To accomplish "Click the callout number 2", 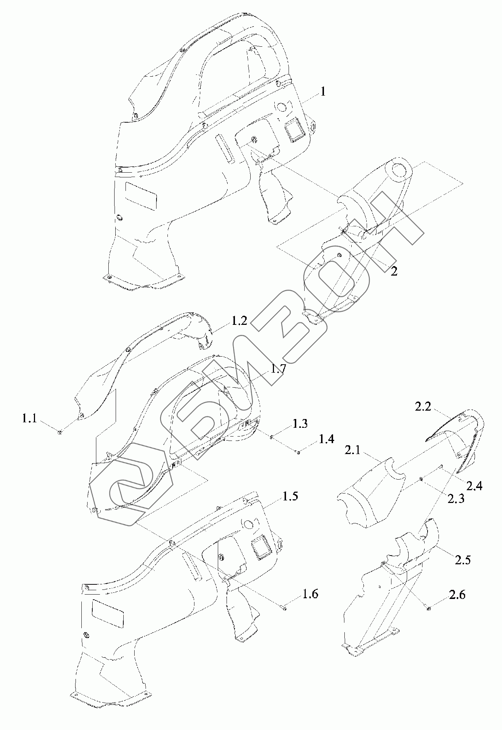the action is [394, 271].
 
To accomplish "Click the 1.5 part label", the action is [290, 497].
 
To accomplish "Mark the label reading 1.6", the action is [310, 594].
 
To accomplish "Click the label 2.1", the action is [352, 450].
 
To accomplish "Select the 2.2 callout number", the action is [423, 406].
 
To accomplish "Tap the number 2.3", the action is [456, 499].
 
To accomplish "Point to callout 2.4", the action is [474, 485].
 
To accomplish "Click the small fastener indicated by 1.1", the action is [60, 433].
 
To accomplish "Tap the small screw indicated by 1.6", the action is [284, 608].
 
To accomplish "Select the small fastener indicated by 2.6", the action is [428, 607].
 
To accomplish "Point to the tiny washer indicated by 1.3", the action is [272, 437].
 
